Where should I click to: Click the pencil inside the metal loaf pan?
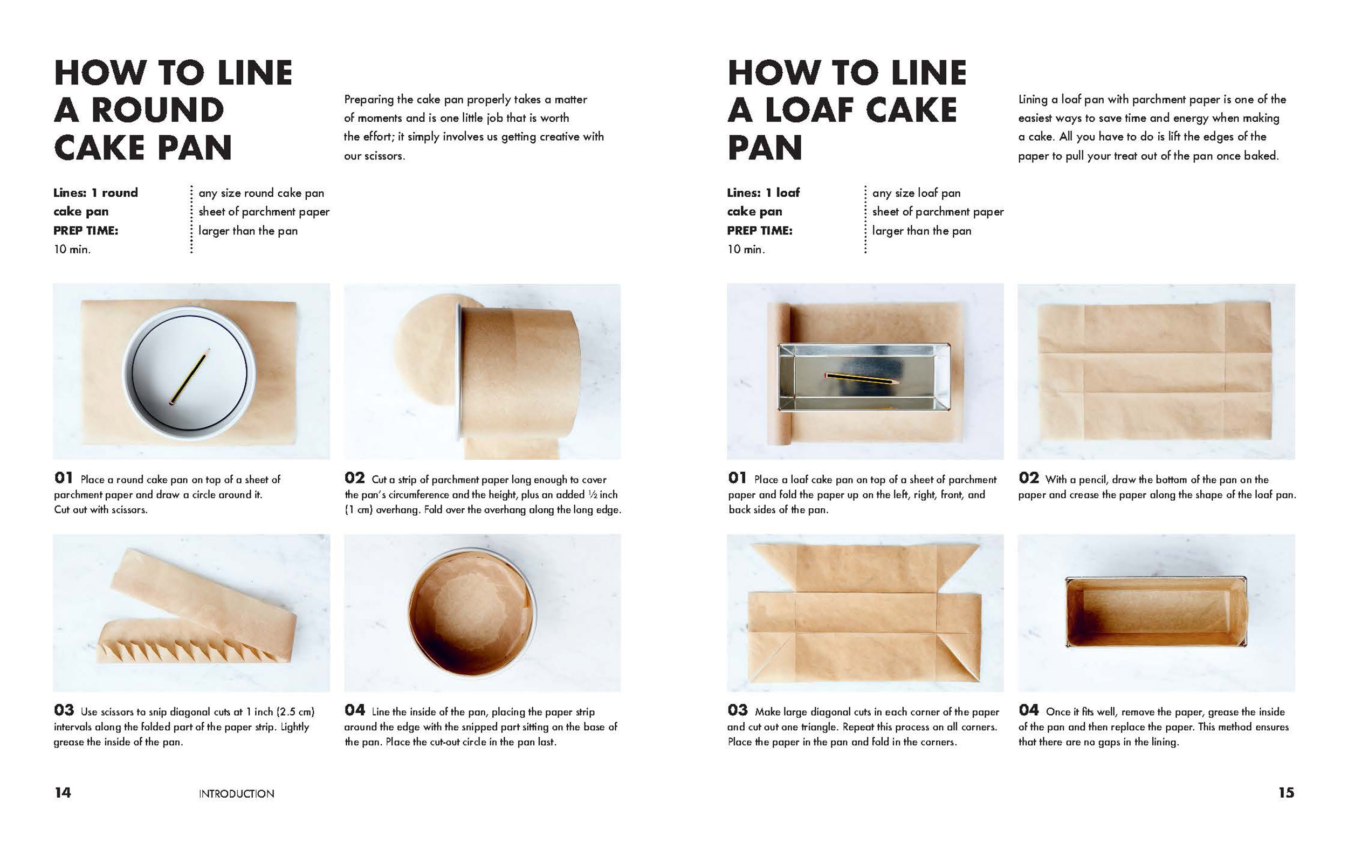click(x=862, y=378)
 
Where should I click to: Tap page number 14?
click(x=63, y=792)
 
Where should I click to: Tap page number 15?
click(x=1286, y=792)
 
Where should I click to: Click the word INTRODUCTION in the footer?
click(x=236, y=793)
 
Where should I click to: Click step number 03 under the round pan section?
click(x=64, y=710)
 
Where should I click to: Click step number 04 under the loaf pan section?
click(x=1029, y=710)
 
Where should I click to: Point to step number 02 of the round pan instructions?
click(x=355, y=478)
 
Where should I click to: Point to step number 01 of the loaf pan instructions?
click(x=737, y=478)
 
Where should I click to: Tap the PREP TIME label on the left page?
click(x=86, y=231)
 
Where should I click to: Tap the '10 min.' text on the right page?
click(x=746, y=250)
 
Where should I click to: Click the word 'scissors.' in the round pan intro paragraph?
click(x=384, y=156)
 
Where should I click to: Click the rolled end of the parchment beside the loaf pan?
click(x=785, y=373)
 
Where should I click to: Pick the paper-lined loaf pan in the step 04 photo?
click(x=1157, y=612)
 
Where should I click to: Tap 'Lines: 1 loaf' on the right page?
click(x=764, y=192)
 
